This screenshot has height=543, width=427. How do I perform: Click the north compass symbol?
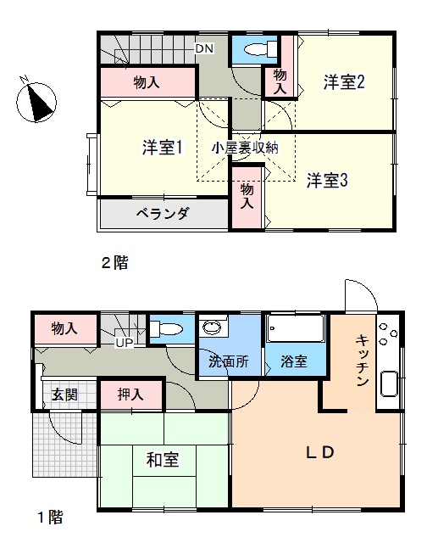[x=36, y=101]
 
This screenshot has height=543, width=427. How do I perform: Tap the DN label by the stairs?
[x=204, y=48]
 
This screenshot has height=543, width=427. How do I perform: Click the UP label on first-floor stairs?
[x=125, y=343]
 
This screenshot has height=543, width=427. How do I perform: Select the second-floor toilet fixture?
[x=260, y=49]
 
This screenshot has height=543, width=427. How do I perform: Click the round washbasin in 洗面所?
[x=213, y=327]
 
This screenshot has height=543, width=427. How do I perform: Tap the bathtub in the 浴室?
[x=295, y=328]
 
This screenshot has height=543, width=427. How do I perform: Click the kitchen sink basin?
[x=389, y=383]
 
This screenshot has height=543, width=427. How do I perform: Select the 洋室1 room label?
[x=162, y=148]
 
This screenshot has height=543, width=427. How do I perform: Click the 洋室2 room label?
[x=344, y=82]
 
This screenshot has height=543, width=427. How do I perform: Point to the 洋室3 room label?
[x=327, y=180]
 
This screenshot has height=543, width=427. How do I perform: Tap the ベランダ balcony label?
[x=162, y=214]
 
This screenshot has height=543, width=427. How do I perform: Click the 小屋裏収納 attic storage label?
[x=245, y=148]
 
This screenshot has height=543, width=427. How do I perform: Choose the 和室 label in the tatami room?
[x=163, y=460]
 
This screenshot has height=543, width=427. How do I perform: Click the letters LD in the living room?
[x=320, y=452]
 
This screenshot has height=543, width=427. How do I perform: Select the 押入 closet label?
[x=130, y=394]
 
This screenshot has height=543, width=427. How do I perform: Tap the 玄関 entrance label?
[x=64, y=395]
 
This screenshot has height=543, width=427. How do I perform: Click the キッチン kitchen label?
[x=362, y=360]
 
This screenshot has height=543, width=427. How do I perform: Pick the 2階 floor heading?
[x=114, y=263]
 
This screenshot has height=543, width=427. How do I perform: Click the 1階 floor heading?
[x=51, y=518]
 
